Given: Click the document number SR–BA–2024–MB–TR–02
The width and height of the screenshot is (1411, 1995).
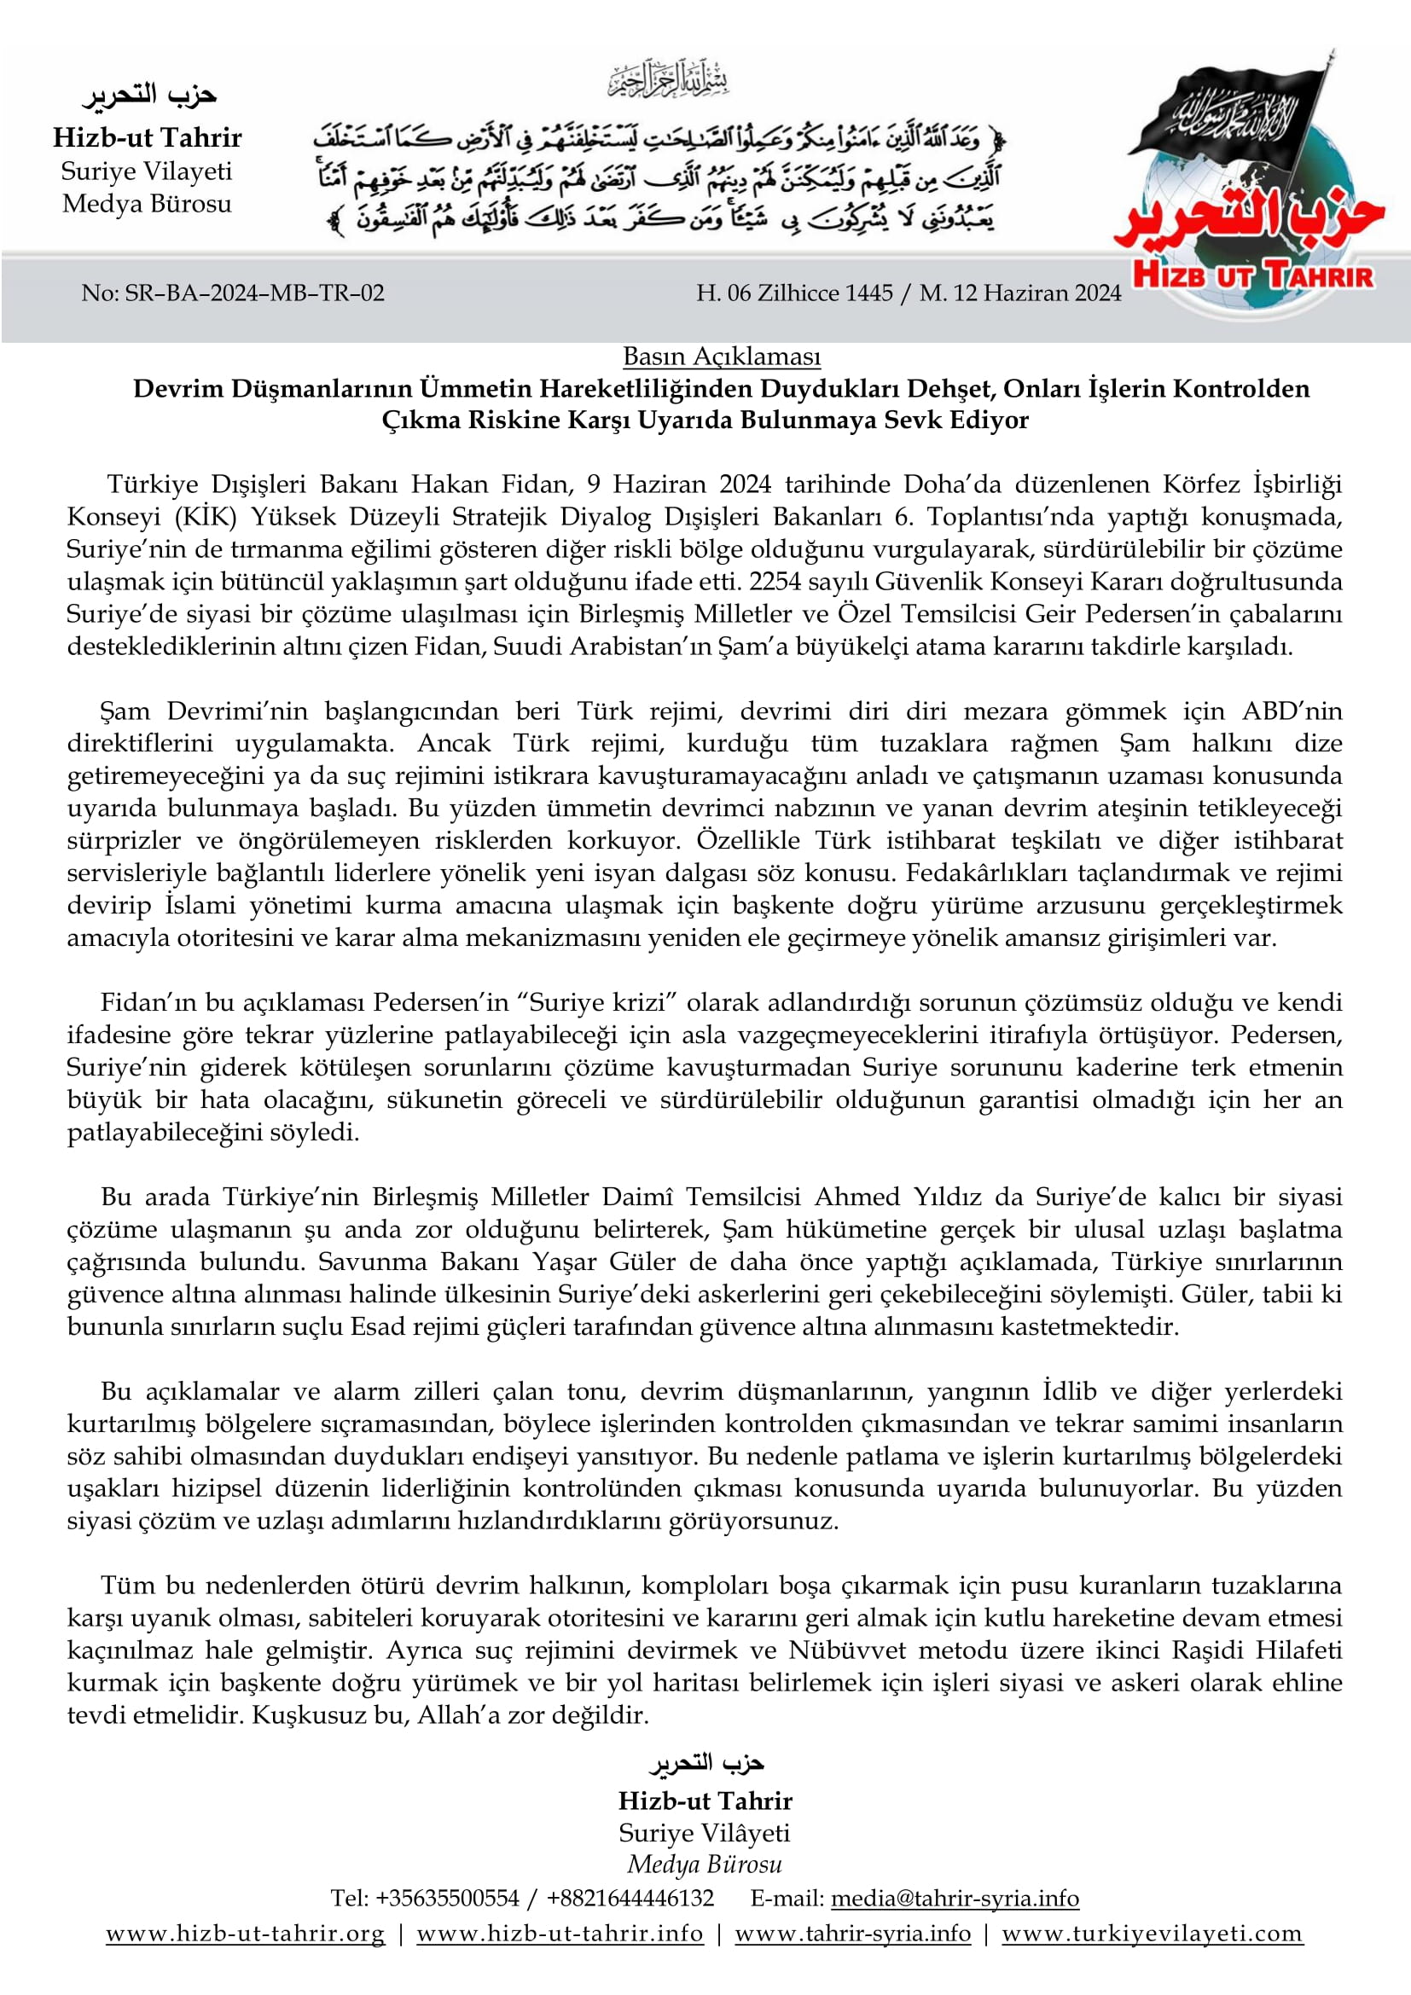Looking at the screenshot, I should [x=253, y=293].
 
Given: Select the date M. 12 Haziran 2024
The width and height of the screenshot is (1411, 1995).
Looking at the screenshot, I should [x=1020, y=293].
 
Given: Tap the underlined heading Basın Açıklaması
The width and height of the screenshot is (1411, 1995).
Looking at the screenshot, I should [x=721, y=357].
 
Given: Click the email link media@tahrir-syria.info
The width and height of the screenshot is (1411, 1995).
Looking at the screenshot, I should [x=955, y=1899].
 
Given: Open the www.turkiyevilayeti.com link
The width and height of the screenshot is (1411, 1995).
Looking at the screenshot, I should [x=1152, y=1934].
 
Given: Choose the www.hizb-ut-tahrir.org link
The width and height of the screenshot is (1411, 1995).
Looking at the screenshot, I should [x=245, y=1934].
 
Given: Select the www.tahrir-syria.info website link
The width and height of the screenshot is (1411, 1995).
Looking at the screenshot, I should [x=852, y=1934].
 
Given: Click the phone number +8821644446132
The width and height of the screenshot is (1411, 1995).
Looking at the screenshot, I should [x=630, y=1899].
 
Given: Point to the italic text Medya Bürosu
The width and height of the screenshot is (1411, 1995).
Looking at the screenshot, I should [x=705, y=1864].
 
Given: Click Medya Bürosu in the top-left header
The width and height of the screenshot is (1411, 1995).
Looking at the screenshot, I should [x=147, y=204].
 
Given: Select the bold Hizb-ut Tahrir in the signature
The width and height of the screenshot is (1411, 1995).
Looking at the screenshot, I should [x=705, y=1801].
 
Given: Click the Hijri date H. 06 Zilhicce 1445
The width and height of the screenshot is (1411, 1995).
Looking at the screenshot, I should [x=794, y=293].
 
